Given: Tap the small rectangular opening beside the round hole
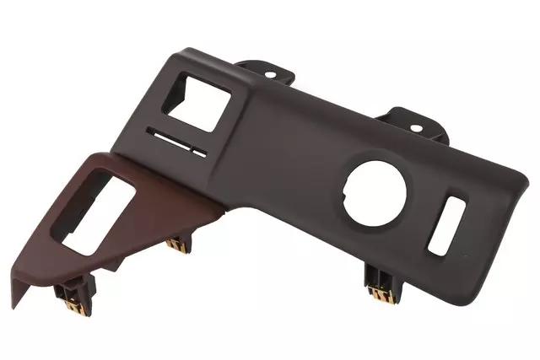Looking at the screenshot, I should point(447,226).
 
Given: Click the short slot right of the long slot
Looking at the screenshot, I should point(199,153).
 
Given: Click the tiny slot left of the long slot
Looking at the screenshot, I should point(152,133).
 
